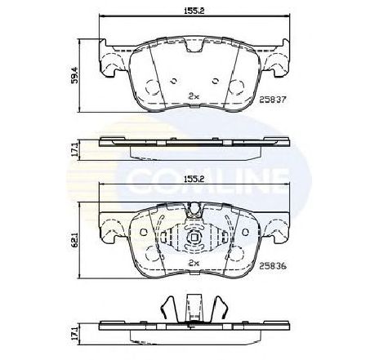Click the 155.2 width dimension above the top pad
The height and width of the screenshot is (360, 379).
point(194,11)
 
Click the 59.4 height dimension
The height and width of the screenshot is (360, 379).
point(75,75)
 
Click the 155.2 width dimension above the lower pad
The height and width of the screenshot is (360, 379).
point(194,179)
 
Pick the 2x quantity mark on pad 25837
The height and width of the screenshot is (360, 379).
point(194,96)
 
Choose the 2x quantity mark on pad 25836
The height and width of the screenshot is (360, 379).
point(194,263)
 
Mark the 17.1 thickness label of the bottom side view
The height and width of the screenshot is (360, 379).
point(75,332)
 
